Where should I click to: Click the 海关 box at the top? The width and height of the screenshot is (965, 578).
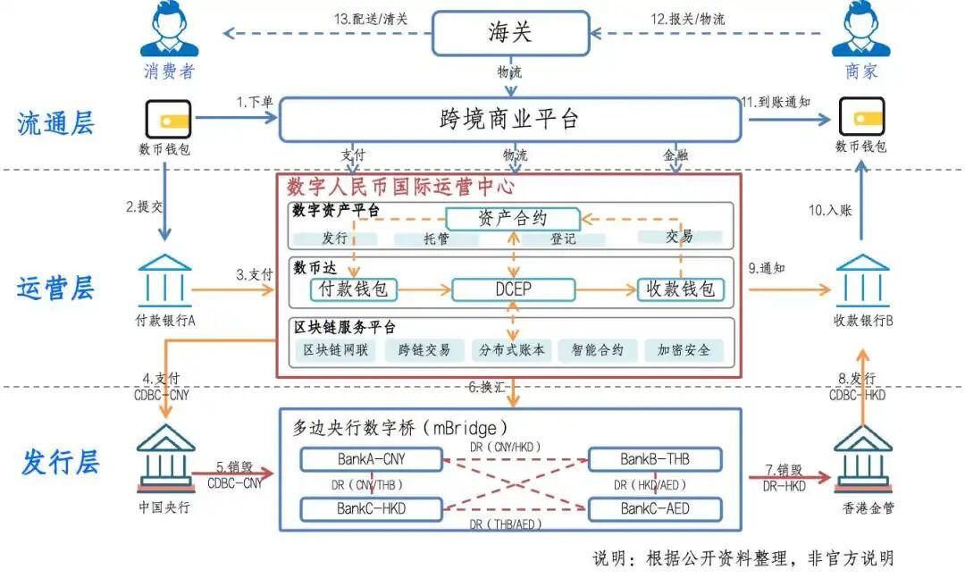(x=510, y=33)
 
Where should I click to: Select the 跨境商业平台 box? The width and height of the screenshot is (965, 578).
(x=509, y=120)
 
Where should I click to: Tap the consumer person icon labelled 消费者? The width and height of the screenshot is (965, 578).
(x=169, y=30)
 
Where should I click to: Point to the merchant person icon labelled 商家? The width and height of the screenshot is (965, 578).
(x=861, y=30)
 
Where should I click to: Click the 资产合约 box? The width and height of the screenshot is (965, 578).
(x=513, y=218)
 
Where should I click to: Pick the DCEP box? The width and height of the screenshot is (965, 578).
(x=514, y=289)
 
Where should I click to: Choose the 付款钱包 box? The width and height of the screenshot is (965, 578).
(x=354, y=289)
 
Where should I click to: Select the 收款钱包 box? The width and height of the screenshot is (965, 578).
(x=681, y=289)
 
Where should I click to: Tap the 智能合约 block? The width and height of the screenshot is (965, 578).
(x=598, y=350)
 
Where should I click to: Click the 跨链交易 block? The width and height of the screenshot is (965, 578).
(x=424, y=350)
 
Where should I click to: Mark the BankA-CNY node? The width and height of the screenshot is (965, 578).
(x=372, y=459)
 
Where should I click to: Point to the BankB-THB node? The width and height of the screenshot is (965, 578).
(x=655, y=459)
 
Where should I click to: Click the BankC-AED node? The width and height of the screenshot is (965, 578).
(x=655, y=509)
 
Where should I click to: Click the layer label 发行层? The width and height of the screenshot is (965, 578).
(x=60, y=463)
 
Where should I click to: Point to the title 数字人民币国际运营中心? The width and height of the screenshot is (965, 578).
(x=401, y=188)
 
